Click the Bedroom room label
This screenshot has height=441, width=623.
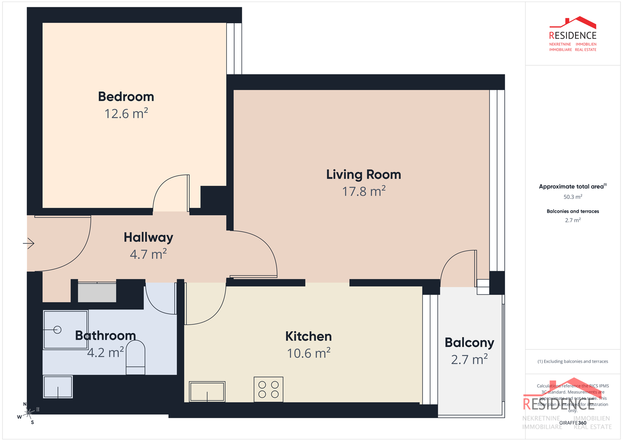point(126,97)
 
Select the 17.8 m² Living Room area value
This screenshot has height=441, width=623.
point(364,192)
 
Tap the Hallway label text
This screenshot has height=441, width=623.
point(149,237)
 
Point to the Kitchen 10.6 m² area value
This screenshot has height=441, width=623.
point(308,353)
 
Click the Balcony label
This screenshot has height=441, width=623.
point(469,343)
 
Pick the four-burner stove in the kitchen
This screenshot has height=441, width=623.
point(268,390)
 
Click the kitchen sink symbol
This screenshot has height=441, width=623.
point(207,392)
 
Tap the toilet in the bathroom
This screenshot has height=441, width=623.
point(135,358)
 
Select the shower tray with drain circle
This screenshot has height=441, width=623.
point(65,330)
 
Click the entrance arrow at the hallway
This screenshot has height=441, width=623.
point(29,244)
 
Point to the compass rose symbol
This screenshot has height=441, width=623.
point(29,413)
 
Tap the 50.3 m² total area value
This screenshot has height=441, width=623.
point(573,197)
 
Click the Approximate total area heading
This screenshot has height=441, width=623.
point(572,187)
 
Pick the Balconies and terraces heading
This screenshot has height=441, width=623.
point(573,212)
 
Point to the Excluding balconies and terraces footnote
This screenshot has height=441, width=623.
point(573,361)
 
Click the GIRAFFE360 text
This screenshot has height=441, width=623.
point(573,423)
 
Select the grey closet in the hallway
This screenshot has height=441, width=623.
point(97,292)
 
